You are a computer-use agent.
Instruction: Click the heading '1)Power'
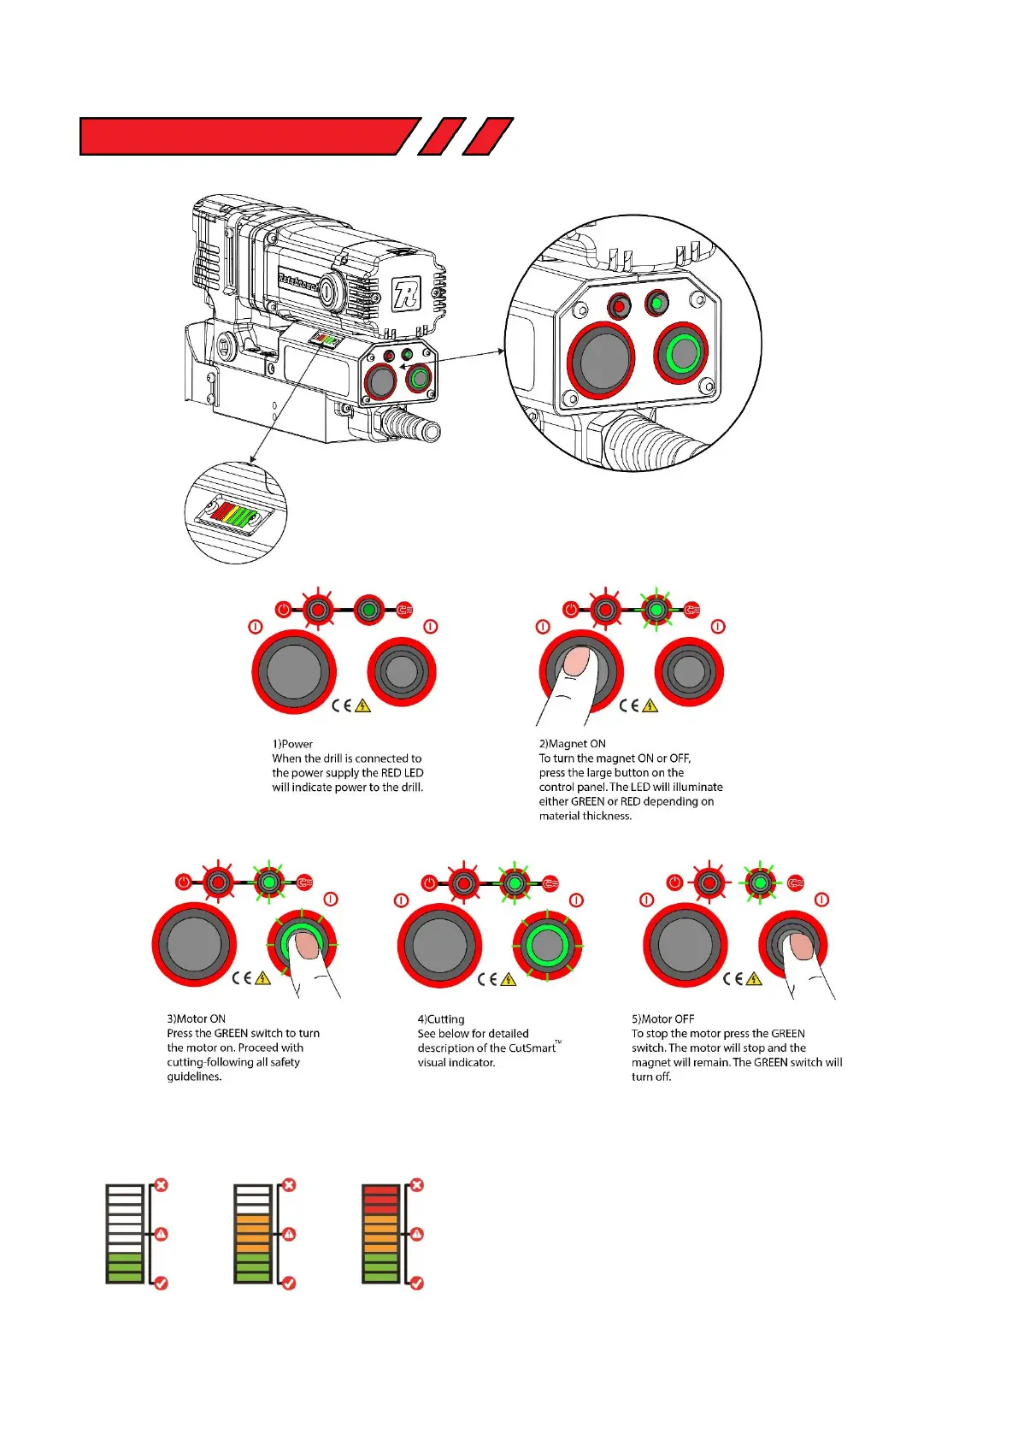(x=292, y=744)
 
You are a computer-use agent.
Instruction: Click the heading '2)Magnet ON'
(x=572, y=744)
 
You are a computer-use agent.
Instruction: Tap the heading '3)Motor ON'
(x=196, y=1018)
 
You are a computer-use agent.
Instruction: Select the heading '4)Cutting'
(x=441, y=1018)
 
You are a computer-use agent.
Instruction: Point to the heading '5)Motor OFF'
(x=662, y=1018)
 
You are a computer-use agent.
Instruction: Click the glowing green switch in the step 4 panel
(x=546, y=945)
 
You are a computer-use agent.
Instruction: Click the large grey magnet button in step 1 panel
(x=293, y=671)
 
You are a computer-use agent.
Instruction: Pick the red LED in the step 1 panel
(x=318, y=611)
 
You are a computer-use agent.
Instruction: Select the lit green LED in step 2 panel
(x=656, y=611)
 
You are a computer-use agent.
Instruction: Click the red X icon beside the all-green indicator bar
(x=161, y=1185)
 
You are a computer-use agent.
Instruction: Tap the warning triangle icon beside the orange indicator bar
(x=289, y=1234)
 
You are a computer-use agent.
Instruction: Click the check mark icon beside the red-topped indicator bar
(x=417, y=1283)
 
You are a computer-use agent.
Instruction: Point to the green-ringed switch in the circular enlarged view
(x=682, y=352)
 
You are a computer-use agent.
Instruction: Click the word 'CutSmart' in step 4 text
(x=532, y=1048)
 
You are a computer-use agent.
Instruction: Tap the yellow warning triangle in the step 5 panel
(x=754, y=979)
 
